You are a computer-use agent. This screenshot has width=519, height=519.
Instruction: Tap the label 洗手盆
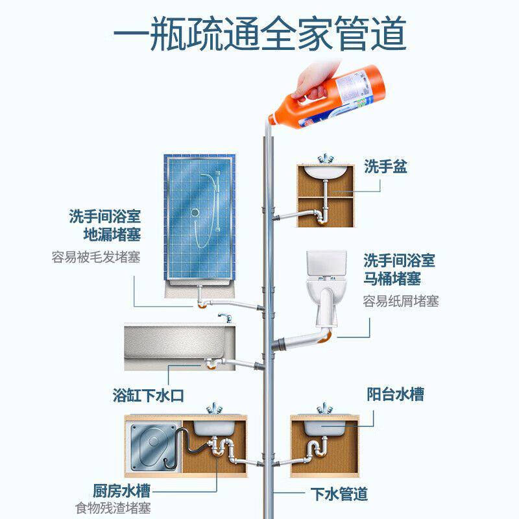point(385,167)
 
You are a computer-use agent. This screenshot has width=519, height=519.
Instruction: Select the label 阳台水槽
point(396,394)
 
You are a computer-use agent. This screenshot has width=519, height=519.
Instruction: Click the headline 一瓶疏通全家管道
point(259,33)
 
